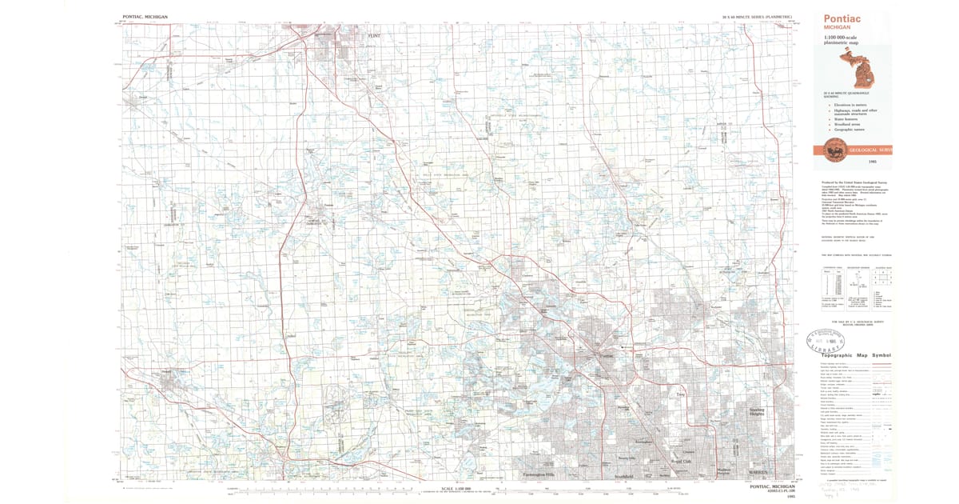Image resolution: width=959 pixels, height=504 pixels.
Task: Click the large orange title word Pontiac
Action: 841,18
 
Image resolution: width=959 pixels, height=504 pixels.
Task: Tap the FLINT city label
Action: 374,36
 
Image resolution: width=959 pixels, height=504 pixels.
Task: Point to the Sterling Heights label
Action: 757,414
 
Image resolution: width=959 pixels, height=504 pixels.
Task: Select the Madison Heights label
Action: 723,472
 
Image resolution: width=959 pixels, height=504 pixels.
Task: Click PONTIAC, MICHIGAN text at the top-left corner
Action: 147,16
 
